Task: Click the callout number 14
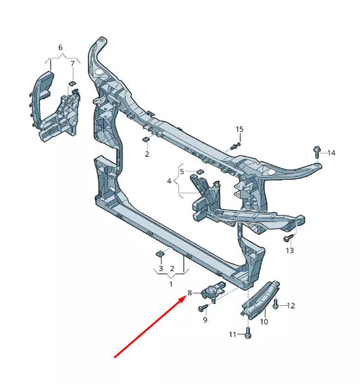pos(332,153)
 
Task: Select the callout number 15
pos(239,129)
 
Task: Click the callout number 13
pos(290,250)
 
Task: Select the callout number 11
pos(231,334)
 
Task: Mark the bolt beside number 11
pos(248,333)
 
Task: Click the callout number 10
pos(264,322)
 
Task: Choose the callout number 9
pos(205,319)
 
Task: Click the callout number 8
pos(190,293)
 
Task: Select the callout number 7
pos(73,65)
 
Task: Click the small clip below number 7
pos(72,84)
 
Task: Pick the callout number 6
pos(60,47)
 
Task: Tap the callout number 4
pos(170,181)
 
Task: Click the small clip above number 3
pos(159,253)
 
